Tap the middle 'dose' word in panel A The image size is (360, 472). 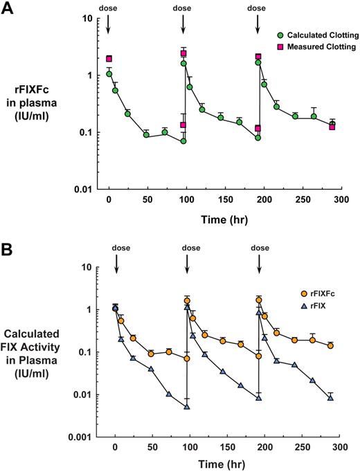click(183, 8)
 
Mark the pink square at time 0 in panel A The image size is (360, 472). click(109, 59)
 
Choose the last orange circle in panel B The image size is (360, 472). click(331, 345)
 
